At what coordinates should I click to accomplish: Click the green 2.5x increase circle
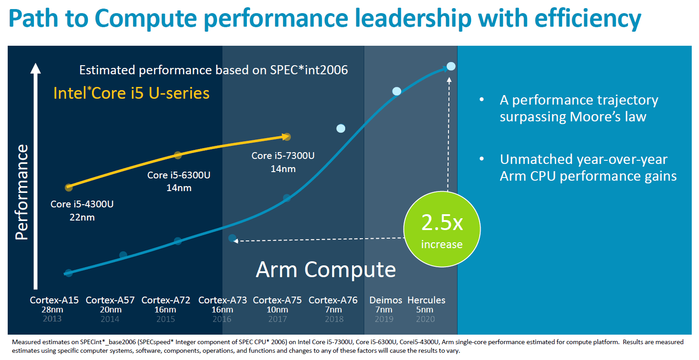[442, 230]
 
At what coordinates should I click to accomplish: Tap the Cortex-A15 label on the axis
[54, 300]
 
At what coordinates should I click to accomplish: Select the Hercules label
[426, 300]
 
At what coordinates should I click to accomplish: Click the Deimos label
[386, 300]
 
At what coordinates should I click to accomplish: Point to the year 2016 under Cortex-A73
[222, 319]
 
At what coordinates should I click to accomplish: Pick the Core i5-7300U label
[283, 156]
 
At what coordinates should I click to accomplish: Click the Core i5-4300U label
[82, 204]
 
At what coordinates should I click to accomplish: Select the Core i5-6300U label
[178, 175]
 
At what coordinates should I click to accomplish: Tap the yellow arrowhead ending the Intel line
[286, 136]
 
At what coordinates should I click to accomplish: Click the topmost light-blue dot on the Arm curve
[451, 67]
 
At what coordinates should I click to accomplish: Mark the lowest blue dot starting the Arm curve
[68, 273]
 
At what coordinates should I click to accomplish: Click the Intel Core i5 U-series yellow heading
[131, 93]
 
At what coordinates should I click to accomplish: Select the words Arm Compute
[326, 270]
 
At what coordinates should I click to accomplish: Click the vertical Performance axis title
[22, 192]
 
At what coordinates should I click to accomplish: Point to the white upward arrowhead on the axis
[35, 68]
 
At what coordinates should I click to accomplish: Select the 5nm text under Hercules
[424, 310]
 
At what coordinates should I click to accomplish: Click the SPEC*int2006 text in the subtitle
[309, 70]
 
